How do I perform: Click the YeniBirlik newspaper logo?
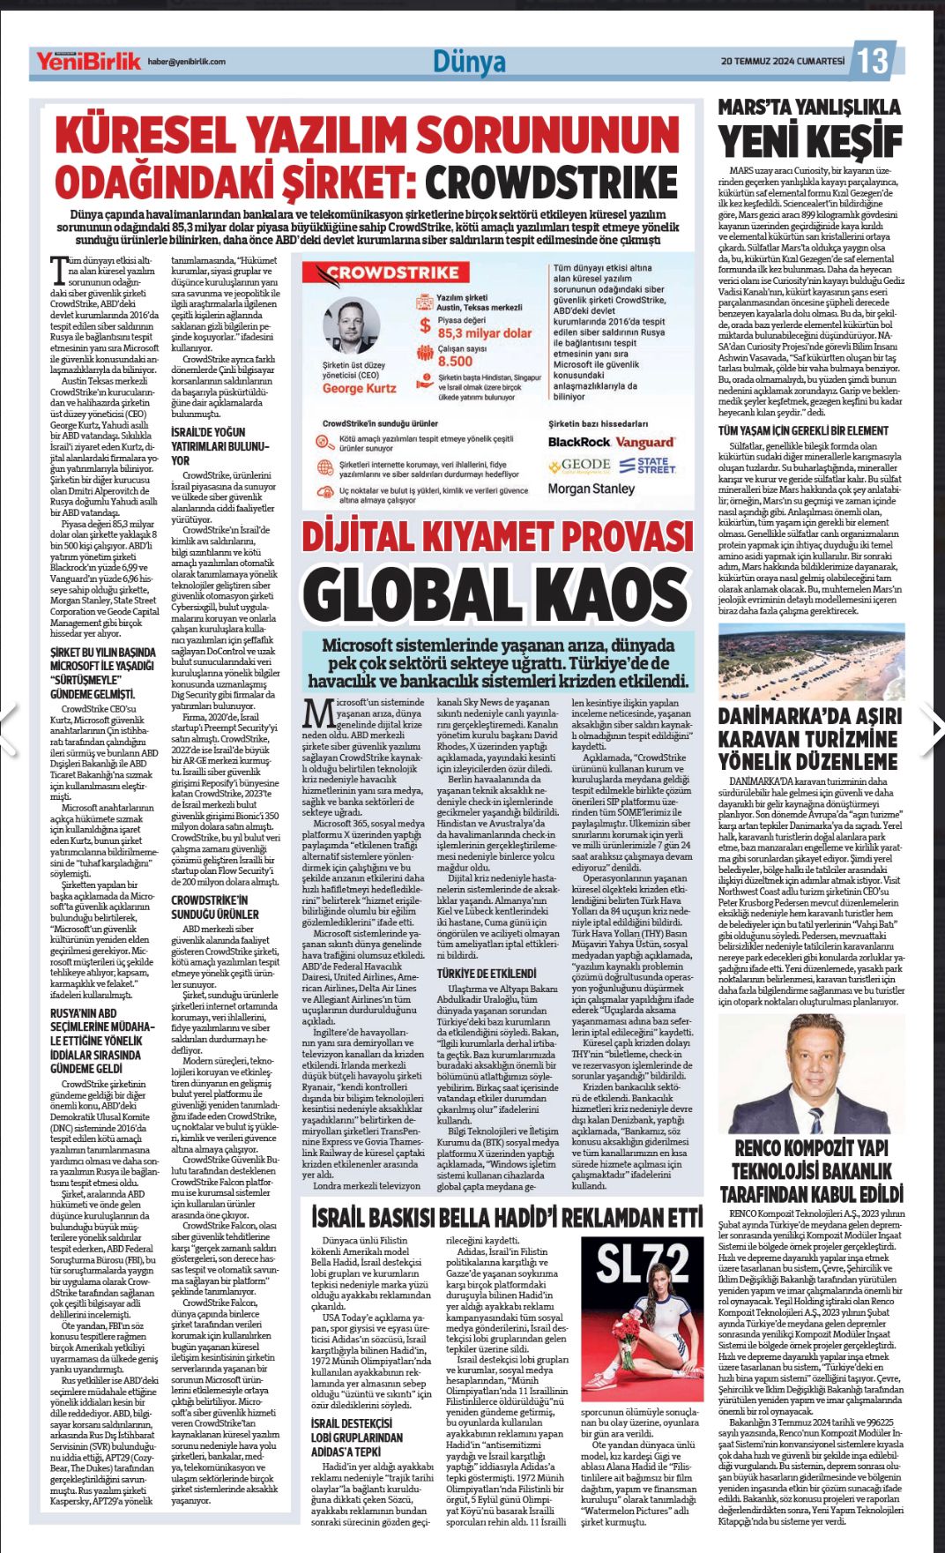(88, 62)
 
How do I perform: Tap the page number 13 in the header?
(873, 61)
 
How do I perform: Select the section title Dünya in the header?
(469, 62)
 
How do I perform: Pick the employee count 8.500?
(455, 361)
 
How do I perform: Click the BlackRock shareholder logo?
(578, 442)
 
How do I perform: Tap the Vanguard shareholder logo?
(644, 442)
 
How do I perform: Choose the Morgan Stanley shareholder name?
(592, 489)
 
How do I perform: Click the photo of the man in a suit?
(810, 1074)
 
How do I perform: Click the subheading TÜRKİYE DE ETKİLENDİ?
(487, 974)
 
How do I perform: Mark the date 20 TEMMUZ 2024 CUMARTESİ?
(782, 61)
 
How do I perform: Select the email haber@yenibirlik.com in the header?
(186, 62)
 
